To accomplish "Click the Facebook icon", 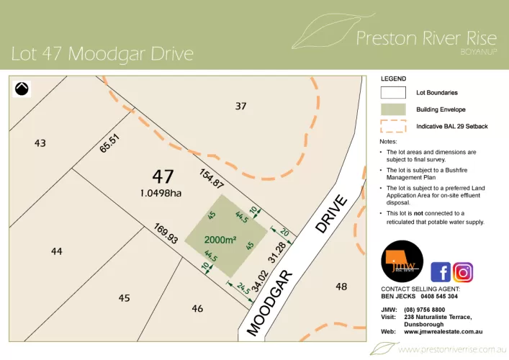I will pos(441,272).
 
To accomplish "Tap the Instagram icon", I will pos(464,272).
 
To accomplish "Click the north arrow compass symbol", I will pos(22,89).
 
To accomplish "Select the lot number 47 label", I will pos(163,176).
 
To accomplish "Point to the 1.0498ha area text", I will pos(161,192).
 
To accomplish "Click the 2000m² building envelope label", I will pos(220,240).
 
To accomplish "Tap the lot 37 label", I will pos(240,106).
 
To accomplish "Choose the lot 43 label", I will pos(40,143).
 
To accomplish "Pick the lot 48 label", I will pos(341,287).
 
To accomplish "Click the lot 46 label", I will pos(197,308).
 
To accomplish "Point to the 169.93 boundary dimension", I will pos(166,234).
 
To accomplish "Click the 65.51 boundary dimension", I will pos(109,144).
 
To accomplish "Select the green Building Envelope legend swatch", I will pos(393,109).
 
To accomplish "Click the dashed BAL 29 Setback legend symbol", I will pos(393,127).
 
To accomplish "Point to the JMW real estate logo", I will pos(402,262).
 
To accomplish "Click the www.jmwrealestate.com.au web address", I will pos(443,331).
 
